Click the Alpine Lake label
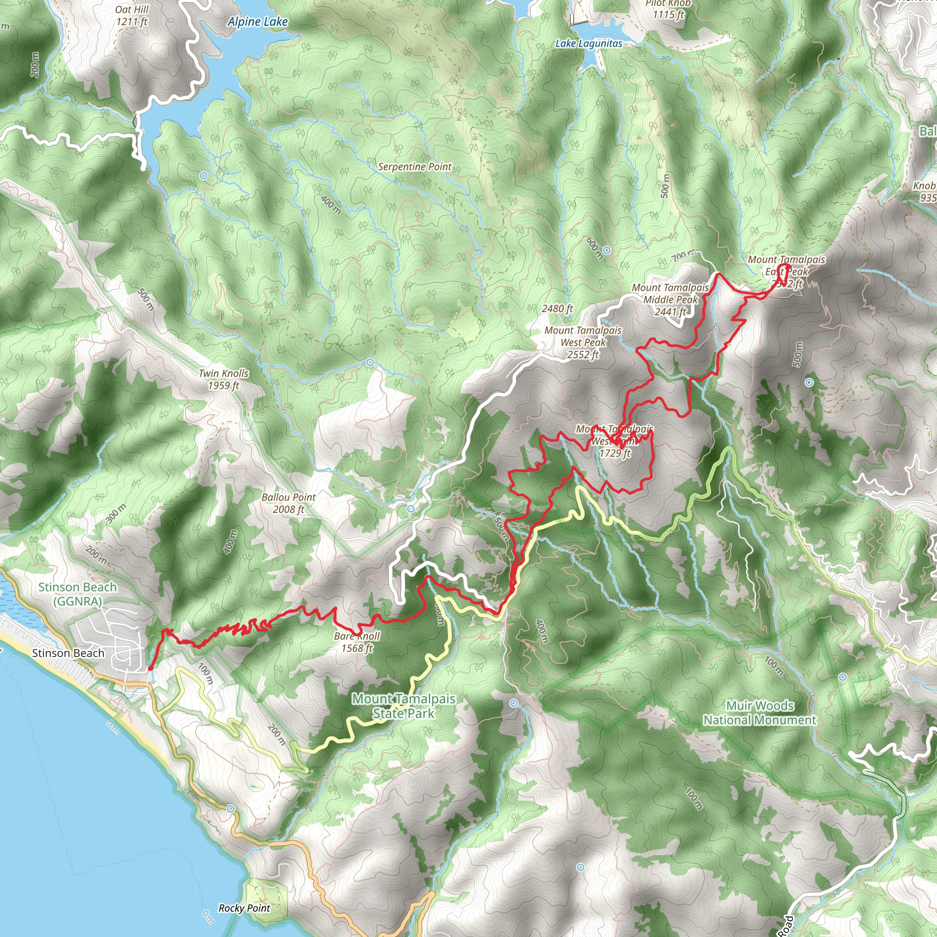[x=258, y=22]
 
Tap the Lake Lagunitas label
[x=588, y=43]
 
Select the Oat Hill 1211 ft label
[x=132, y=16]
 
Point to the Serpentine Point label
[x=415, y=167]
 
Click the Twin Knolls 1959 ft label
[x=224, y=379]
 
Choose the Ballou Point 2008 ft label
[x=289, y=503]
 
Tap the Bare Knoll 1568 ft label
[x=357, y=642]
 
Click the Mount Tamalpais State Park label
[x=404, y=705]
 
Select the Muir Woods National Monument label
[x=760, y=712]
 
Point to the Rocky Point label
[x=244, y=908]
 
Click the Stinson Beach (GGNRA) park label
[x=78, y=594]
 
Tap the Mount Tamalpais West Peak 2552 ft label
[x=583, y=342]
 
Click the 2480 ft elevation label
[x=557, y=308]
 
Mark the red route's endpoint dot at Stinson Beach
[x=151, y=668]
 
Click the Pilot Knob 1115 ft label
[x=668, y=10]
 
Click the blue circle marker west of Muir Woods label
[x=514, y=703]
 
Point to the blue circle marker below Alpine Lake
[x=204, y=176]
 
